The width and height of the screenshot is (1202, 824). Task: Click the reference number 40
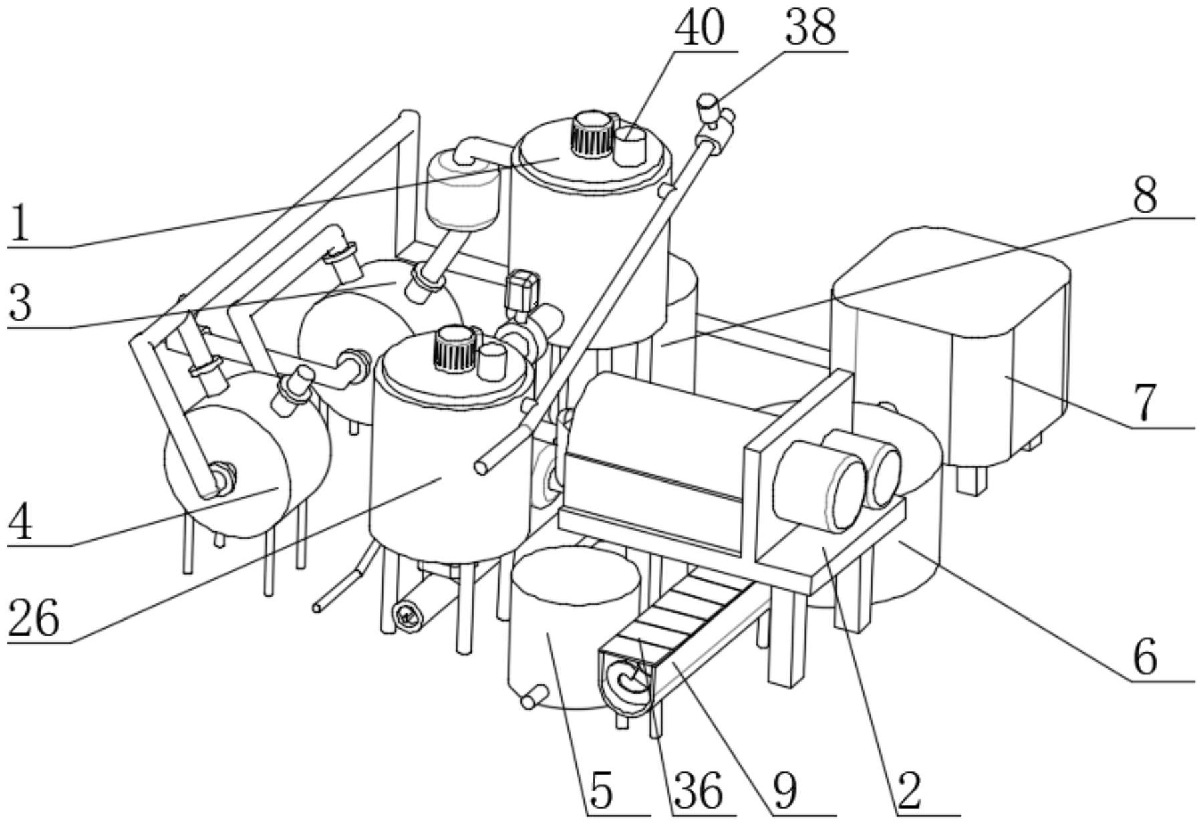click(x=700, y=29)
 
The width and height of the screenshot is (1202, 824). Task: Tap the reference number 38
click(x=810, y=29)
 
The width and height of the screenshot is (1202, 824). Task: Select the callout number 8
click(x=1145, y=196)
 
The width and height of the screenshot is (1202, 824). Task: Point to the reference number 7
click(x=1145, y=403)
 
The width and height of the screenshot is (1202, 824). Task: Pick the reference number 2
click(x=910, y=791)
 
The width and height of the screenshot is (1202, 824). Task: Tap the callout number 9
click(x=784, y=791)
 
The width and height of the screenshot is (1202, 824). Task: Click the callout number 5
click(x=601, y=791)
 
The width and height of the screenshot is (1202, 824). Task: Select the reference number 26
click(x=33, y=618)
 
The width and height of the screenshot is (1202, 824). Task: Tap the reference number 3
click(x=20, y=304)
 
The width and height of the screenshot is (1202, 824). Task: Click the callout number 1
click(x=20, y=224)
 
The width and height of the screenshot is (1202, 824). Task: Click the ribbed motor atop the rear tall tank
click(x=591, y=135)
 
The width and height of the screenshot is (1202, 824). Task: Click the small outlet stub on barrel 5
click(x=530, y=700)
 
